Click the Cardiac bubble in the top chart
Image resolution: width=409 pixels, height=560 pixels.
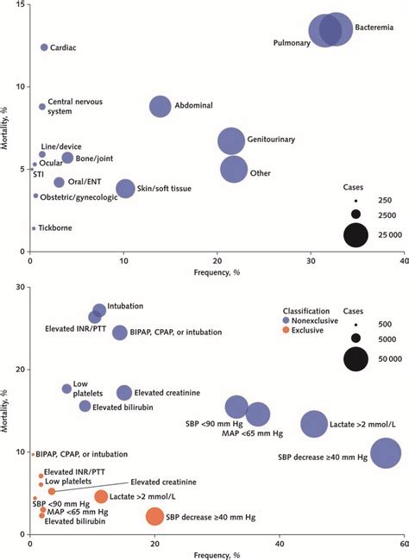44,47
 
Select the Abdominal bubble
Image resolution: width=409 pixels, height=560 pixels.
160,106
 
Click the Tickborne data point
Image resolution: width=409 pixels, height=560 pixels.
34,228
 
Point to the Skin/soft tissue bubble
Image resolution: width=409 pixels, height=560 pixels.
126,189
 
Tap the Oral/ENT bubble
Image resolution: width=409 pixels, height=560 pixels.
59,182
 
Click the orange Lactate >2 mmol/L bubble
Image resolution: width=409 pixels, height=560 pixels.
101,496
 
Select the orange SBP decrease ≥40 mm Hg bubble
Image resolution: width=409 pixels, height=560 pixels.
154,516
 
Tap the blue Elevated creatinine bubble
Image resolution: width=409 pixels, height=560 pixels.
124,393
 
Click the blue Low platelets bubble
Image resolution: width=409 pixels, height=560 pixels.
66,389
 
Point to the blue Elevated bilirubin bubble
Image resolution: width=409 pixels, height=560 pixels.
85,406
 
